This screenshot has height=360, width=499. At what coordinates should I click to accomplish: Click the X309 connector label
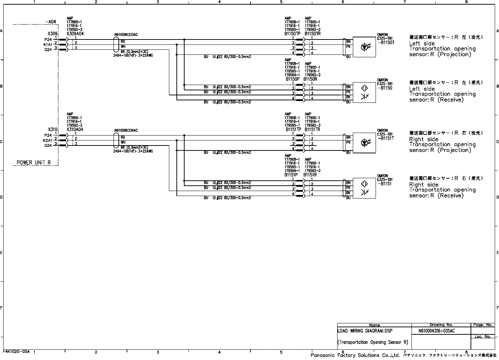pyautogui.click(x=53, y=34)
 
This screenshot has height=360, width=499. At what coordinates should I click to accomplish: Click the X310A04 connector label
pyautogui.click(x=75, y=130)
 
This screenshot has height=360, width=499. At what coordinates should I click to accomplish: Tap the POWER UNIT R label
pyautogui.click(x=34, y=163)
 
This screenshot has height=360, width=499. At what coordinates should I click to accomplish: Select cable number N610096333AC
pyautogui.click(x=126, y=35)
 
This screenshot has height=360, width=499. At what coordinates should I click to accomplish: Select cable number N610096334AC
pyautogui.click(x=126, y=131)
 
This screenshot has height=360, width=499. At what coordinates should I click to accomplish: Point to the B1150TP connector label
pyautogui.click(x=293, y=34)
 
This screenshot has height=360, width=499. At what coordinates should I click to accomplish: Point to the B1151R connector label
pyautogui.click(x=310, y=175)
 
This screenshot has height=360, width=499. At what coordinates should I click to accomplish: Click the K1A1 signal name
pyautogui.click(x=48, y=44)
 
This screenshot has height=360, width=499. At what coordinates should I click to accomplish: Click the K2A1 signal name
pyautogui.click(x=48, y=141)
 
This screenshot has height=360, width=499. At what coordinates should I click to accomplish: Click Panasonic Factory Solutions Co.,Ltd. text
pyautogui.click(x=355, y=355)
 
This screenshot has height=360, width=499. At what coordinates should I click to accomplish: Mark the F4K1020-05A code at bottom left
pyautogui.click(x=17, y=351)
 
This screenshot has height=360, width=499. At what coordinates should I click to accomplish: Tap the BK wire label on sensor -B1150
pyautogui.click(x=349, y=97)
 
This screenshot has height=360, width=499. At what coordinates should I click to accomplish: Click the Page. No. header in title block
pyautogui.click(x=483, y=325)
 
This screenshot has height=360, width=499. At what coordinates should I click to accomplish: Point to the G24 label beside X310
pyautogui.click(x=48, y=145)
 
